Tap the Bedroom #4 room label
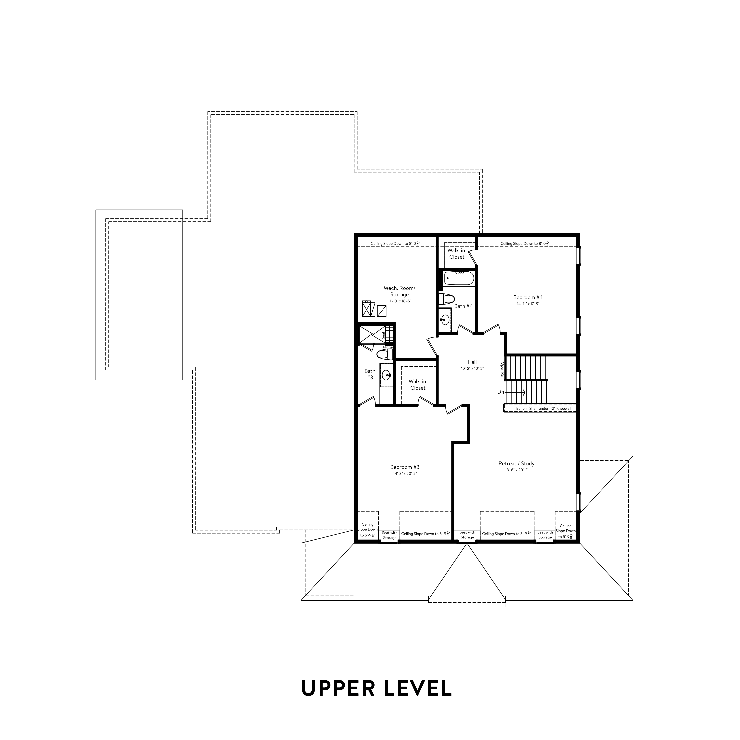pyautogui.click(x=528, y=297)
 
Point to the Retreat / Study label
pyautogui.click(x=516, y=463)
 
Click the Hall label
pyautogui.click(x=472, y=362)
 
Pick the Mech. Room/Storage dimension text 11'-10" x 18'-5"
pyautogui.click(x=400, y=301)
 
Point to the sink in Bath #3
pyautogui.click(x=386, y=375)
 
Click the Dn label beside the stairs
pyautogui.click(x=501, y=392)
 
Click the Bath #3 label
pyautogui.click(x=370, y=374)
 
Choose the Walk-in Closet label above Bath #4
pyautogui.click(x=457, y=254)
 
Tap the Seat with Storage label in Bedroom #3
pyautogui.click(x=390, y=535)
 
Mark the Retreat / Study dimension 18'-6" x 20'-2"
pyautogui.click(x=516, y=470)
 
